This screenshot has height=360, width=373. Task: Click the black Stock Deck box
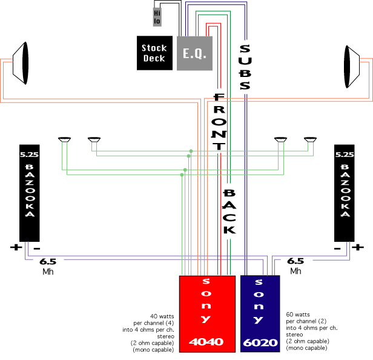(x=154, y=53)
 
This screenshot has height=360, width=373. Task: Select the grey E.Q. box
(x=194, y=53)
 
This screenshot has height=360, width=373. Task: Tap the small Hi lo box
(x=157, y=16)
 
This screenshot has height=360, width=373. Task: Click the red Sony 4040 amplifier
(x=207, y=313)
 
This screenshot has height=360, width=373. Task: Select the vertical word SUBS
(x=245, y=67)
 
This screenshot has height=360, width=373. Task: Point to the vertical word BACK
(x=229, y=211)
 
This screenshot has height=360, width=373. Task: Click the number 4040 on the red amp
(x=206, y=342)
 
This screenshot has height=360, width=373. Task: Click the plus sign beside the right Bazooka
(x=358, y=247)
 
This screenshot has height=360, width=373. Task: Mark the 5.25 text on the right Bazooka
(x=343, y=154)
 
